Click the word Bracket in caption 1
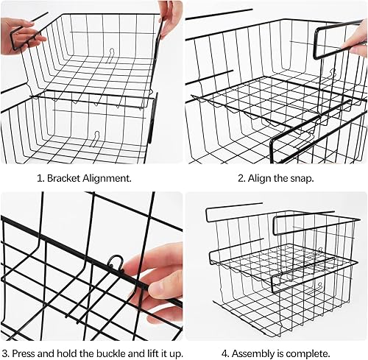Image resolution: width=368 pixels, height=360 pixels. [63, 178]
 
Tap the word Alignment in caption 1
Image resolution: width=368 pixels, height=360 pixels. [107, 179]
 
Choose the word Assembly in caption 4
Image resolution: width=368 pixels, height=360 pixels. [250, 354]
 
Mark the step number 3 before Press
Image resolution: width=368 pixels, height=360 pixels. [6, 353]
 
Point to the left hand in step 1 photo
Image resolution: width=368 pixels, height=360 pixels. [21, 36]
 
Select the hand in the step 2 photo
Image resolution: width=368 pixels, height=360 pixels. [356, 40]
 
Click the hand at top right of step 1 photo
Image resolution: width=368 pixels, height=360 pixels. [169, 18]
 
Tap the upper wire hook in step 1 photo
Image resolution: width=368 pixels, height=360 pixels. [112, 55]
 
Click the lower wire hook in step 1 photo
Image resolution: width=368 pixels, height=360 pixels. [96, 138]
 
